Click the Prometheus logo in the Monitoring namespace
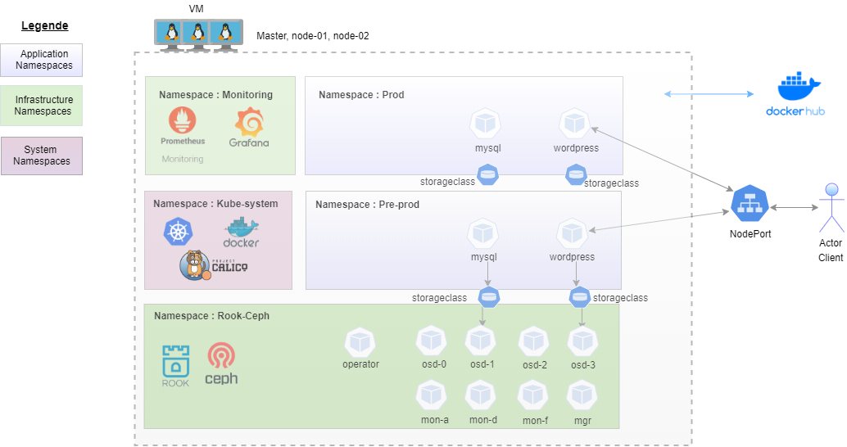pyautogui.click(x=183, y=121)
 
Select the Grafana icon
pyautogui.click(x=249, y=123)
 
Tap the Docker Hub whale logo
pyautogui.click(x=798, y=86)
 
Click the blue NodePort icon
pyautogui.click(x=750, y=204)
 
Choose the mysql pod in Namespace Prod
pyautogui.click(x=487, y=124)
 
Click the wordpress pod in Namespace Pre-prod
pyautogui.click(x=572, y=233)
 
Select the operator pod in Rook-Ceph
pyautogui.click(x=360, y=342)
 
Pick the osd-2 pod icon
pyautogui.click(x=534, y=341)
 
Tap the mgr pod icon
pyautogui.click(x=582, y=396)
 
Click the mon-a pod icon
pyautogui.click(x=433, y=396)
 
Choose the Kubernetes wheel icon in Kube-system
pyautogui.click(x=177, y=231)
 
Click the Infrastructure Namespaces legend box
pyautogui.click(x=42, y=106)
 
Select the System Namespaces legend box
pyautogui.click(x=42, y=156)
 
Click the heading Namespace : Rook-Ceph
pyautogui.click(x=211, y=315)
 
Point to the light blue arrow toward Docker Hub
pyautogui.click(x=708, y=94)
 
